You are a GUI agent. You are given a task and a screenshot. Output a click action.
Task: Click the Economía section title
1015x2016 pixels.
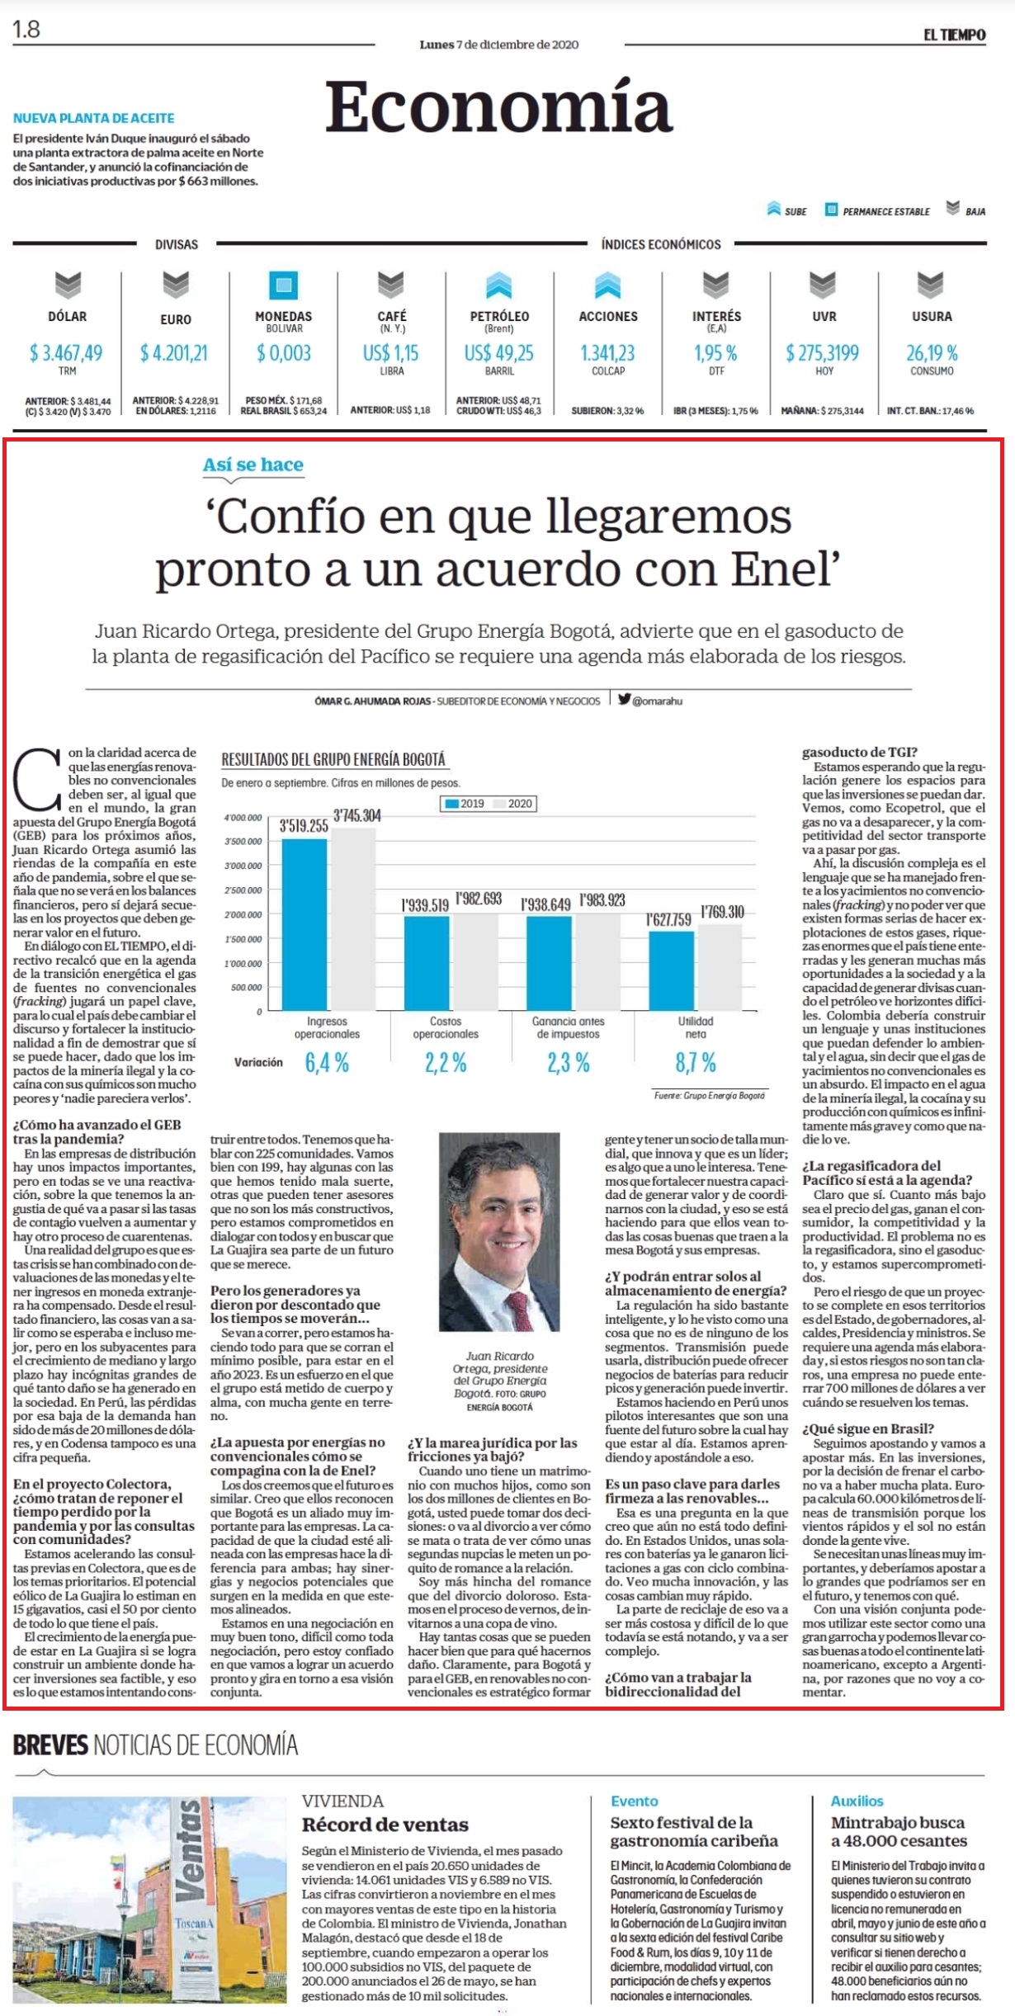point(499,107)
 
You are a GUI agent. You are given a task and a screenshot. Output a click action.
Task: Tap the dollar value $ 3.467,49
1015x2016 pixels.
point(66,353)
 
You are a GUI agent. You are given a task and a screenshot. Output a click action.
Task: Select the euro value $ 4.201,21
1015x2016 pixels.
point(174,353)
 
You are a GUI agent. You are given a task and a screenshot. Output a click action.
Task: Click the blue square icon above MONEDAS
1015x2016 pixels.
point(284,286)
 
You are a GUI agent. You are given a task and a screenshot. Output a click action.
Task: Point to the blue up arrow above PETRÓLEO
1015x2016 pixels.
point(498,286)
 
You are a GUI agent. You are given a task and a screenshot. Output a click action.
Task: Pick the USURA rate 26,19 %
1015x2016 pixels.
point(932,353)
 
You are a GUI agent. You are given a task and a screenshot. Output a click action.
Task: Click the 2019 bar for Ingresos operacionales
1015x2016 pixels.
point(304,924)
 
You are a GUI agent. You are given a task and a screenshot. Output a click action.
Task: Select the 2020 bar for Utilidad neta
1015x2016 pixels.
point(720,967)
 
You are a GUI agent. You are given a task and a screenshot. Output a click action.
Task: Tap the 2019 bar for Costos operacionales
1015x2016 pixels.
point(427,964)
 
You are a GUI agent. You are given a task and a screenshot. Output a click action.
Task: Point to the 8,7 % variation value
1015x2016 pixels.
point(696,1063)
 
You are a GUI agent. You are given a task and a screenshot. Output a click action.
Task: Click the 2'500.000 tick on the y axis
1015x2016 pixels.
point(243,890)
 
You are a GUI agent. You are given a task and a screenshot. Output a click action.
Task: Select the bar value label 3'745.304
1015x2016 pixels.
point(357,816)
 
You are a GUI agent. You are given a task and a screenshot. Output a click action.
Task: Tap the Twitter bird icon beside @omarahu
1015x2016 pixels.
point(625,700)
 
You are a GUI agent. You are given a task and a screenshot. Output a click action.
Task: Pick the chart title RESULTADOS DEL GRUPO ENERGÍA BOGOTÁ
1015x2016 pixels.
point(333,759)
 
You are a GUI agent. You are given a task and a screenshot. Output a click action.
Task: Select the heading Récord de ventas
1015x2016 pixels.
point(385,1825)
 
